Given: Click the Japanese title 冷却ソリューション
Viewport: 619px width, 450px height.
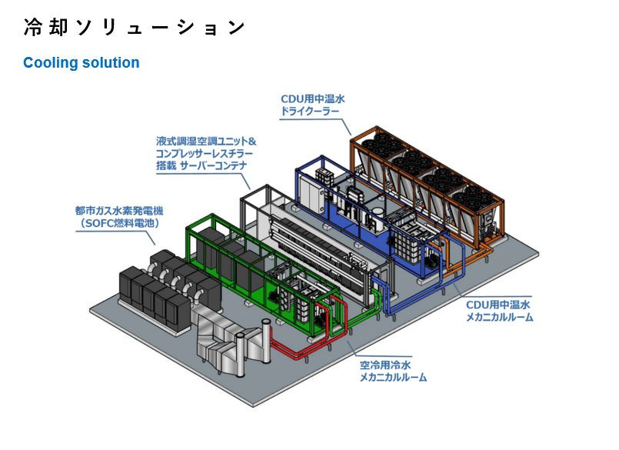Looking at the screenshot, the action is click(135, 28).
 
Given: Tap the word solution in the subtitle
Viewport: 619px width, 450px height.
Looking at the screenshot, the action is click(111, 62).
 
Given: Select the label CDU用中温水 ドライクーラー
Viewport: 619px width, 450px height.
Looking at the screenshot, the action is click(313, 105).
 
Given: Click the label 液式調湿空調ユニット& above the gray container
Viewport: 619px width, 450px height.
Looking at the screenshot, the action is click(206, 141).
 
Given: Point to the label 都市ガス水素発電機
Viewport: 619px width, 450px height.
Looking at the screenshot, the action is click(119, 211).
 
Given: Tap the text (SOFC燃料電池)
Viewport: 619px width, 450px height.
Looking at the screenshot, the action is click(119, 223).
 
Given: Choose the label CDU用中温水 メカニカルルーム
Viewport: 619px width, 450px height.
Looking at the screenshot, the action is click(499, 311).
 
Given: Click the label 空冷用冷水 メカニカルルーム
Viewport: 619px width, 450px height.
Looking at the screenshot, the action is click(393, 371).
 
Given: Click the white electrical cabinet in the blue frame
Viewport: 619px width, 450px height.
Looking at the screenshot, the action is click(312, 193).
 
